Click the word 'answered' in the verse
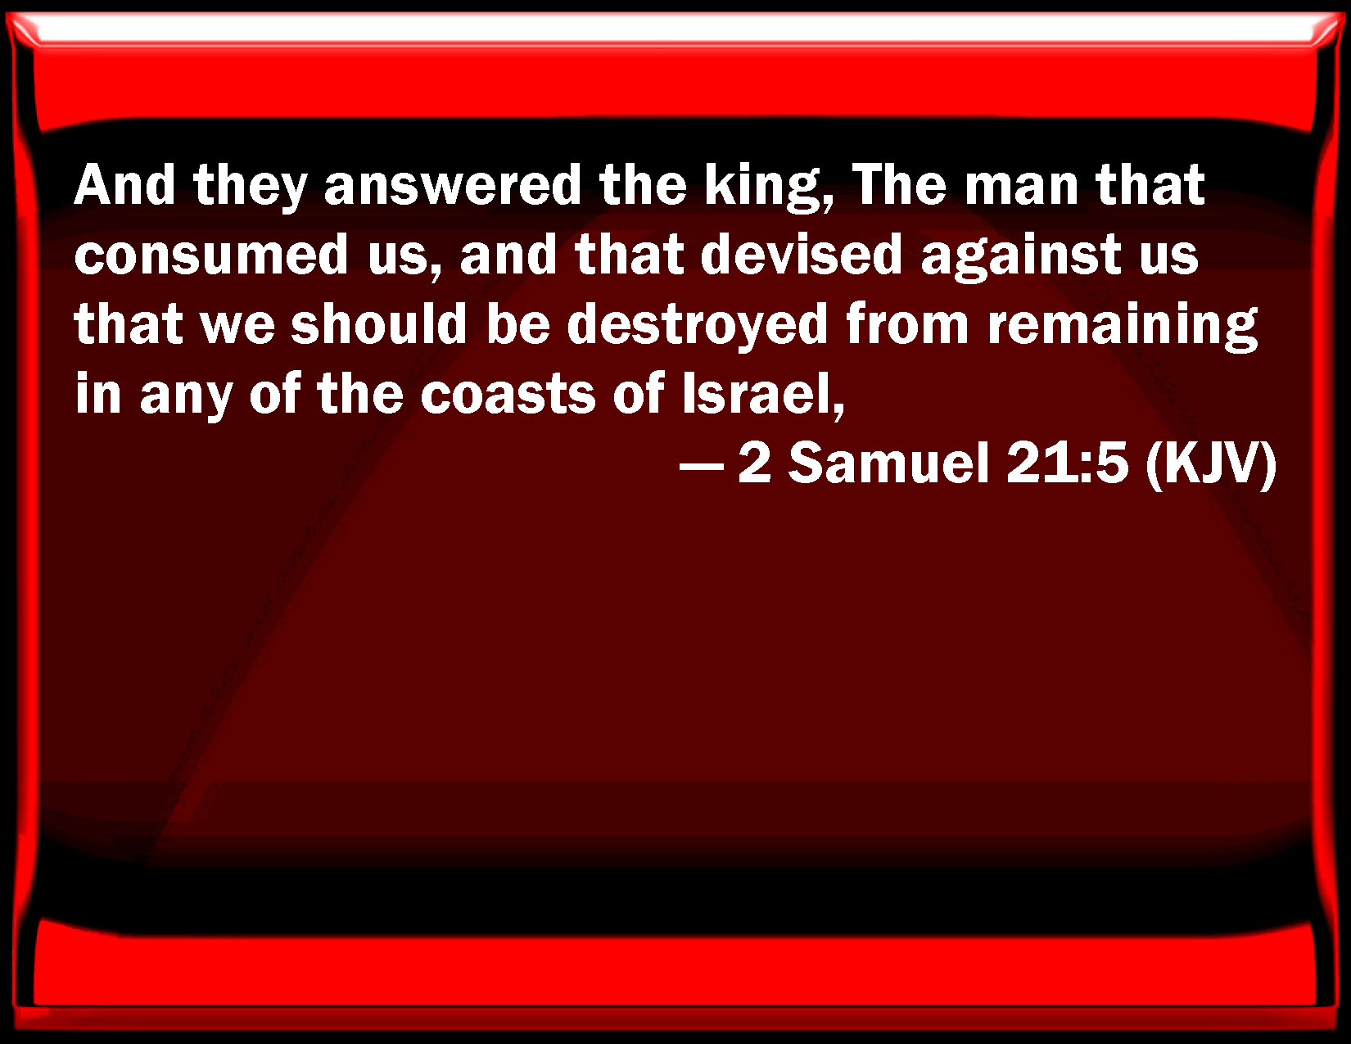[x=452, y=186]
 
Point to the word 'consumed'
[x=210, y=255]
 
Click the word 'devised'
[x=802, y=255]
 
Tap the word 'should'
[x=379, y=324]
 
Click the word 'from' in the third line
[x=908, y=324]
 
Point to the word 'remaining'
[x=1123, y=327]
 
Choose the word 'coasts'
[x=508, y=394]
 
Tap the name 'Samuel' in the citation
[x=889, y=463]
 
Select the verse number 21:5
[x=1067, y=463]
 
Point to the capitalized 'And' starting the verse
[x=125, y=186]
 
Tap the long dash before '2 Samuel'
[x=702, y=467]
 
